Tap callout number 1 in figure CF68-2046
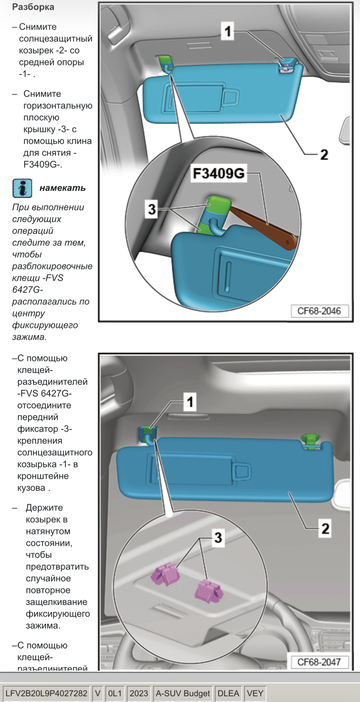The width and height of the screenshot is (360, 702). pos(227,32)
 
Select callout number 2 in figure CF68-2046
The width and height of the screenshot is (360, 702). pos(323,155)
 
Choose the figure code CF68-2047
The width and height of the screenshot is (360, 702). pos(318,661)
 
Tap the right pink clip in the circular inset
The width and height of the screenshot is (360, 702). pos(208,590)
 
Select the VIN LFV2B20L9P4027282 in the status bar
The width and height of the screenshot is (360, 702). pos(45,692)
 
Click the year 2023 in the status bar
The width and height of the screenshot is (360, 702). pos(138,692)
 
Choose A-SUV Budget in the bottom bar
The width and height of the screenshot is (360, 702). pos(182,692)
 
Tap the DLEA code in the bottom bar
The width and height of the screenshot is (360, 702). pos(229,692)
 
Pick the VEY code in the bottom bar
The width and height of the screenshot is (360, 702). pos(256,692)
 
